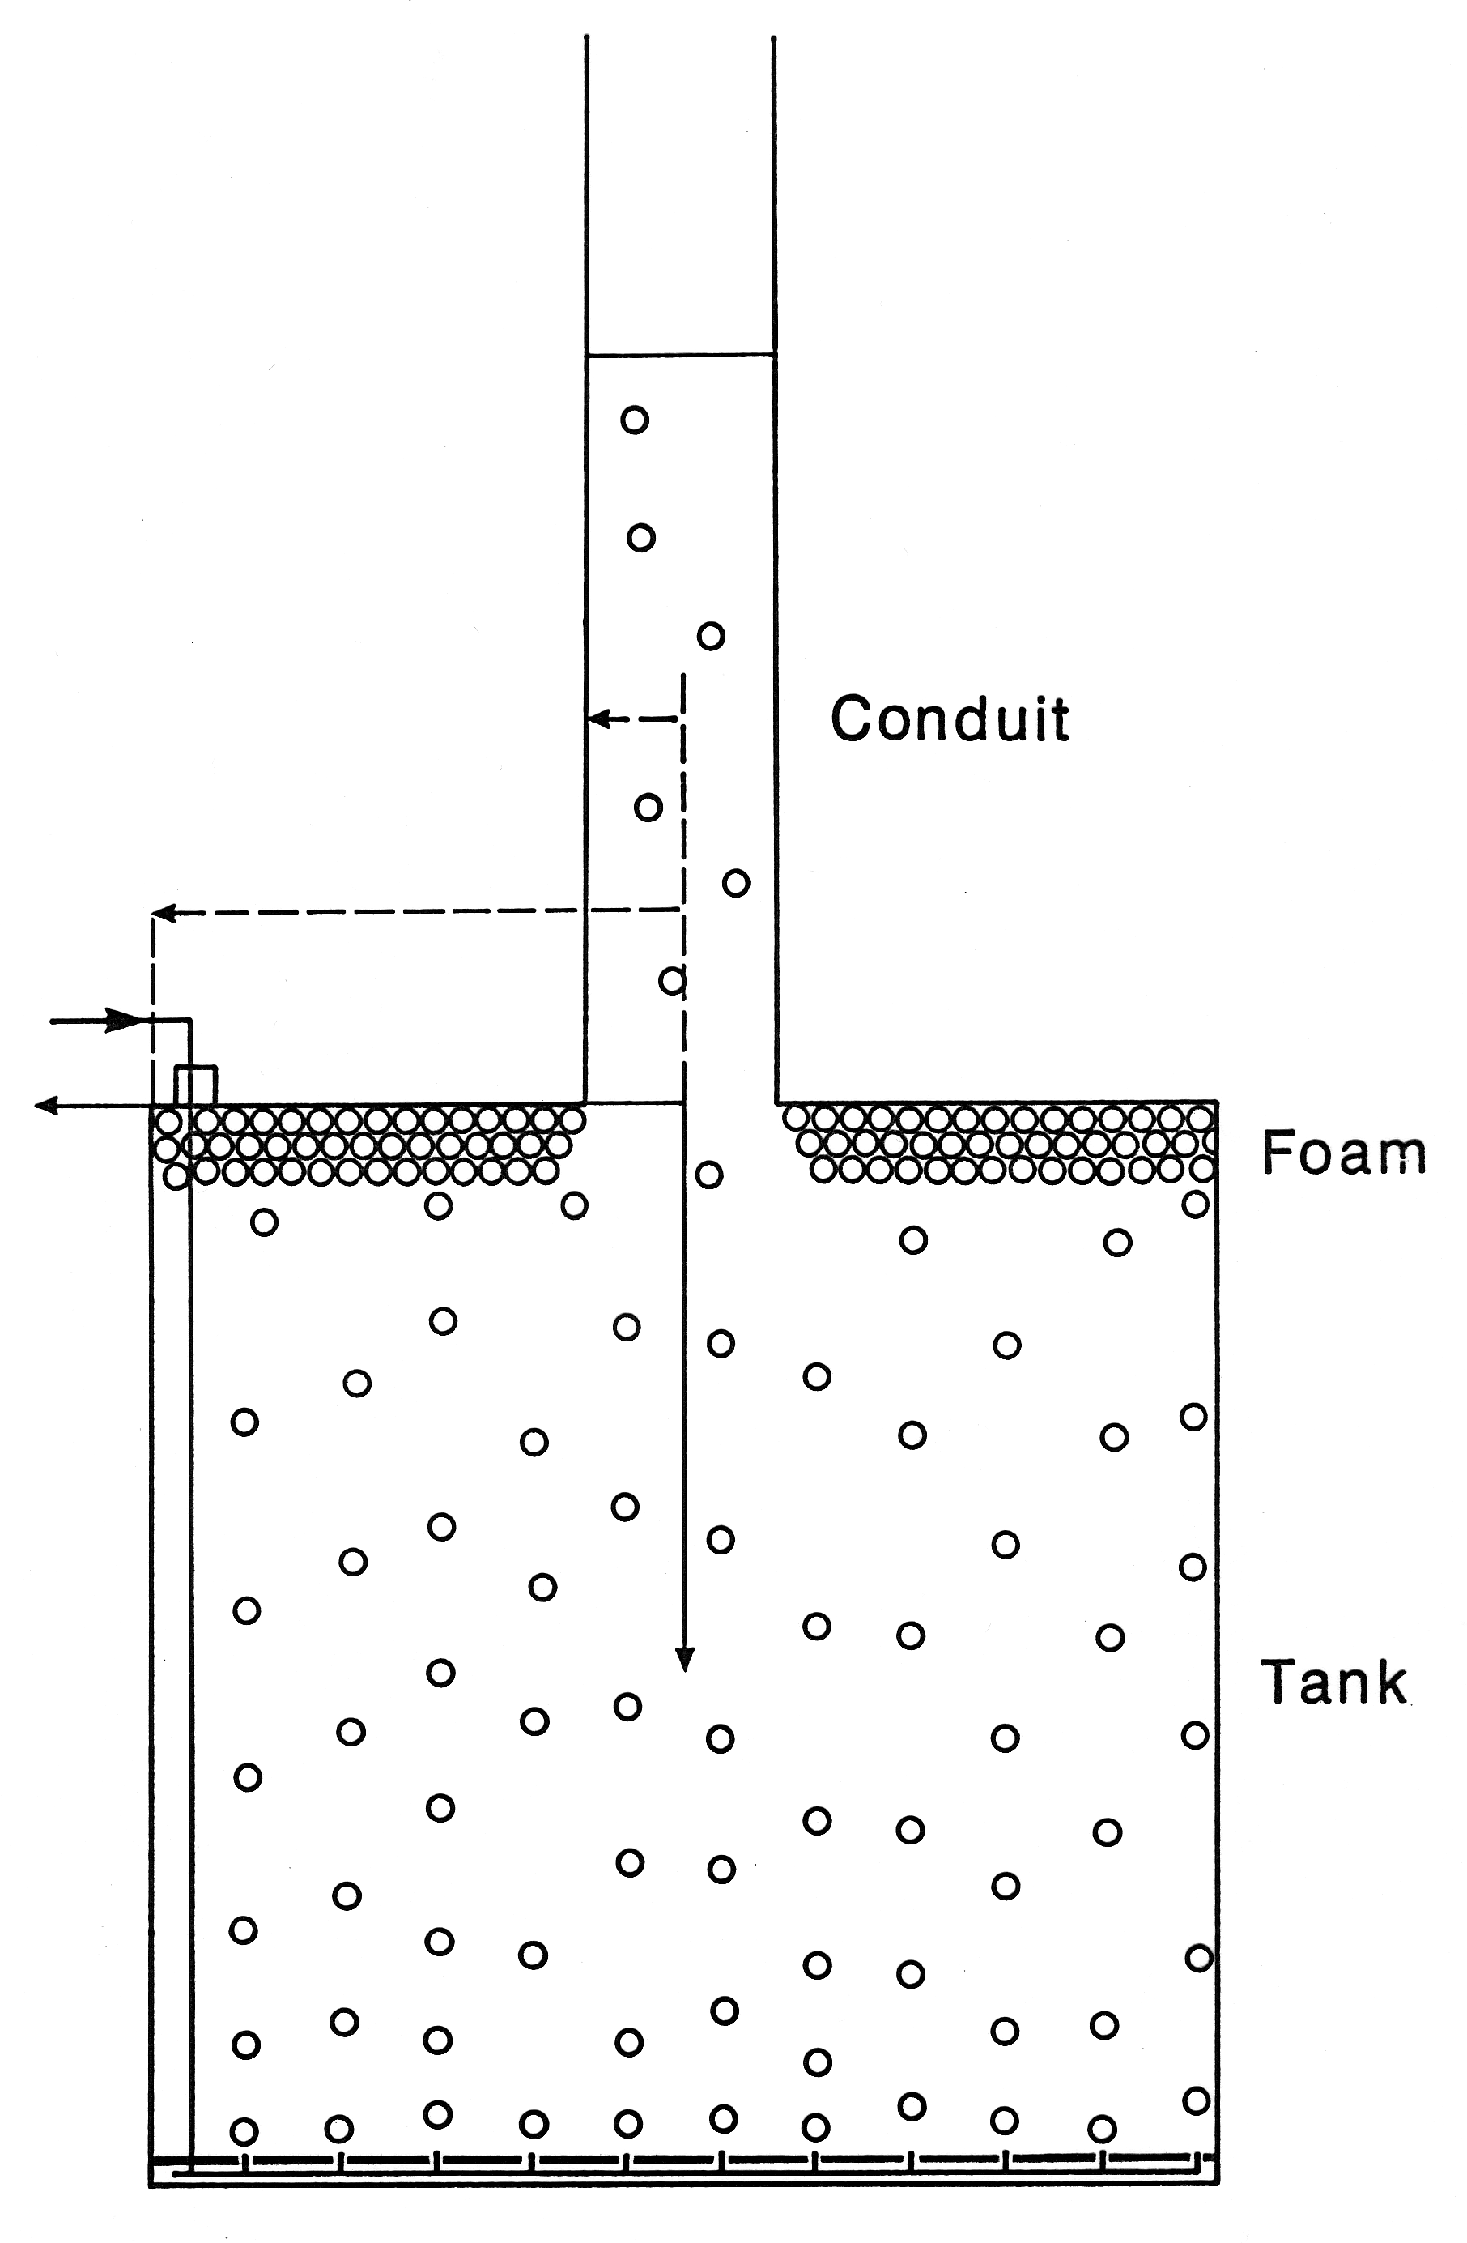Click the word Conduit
point(949,719)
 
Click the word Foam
point(1344,1153)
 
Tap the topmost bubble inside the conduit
point(635,419)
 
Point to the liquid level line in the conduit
point(680,354)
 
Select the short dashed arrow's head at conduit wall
point(598,719)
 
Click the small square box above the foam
point(196,1085)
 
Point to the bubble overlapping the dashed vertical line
point(672,981)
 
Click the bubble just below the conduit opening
point(709,1175)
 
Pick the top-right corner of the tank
point(1218,1102)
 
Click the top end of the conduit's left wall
point(587,36)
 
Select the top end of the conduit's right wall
point(773,36)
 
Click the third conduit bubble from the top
point(712,636)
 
